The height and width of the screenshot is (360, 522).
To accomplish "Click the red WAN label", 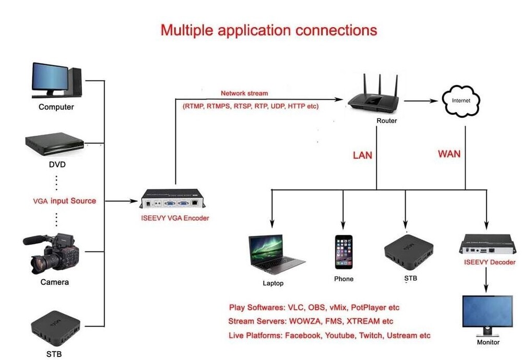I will tap(449, 154).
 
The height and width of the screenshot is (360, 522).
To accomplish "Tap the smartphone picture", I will tap(343, 251).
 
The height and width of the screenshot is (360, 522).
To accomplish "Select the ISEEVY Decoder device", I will tap(486, 244).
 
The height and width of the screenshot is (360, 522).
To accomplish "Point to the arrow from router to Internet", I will tap(420, 101).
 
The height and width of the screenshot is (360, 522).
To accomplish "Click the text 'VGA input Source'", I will tap(65, 201).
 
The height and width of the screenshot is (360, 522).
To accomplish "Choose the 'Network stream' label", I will tap(244, 93).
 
